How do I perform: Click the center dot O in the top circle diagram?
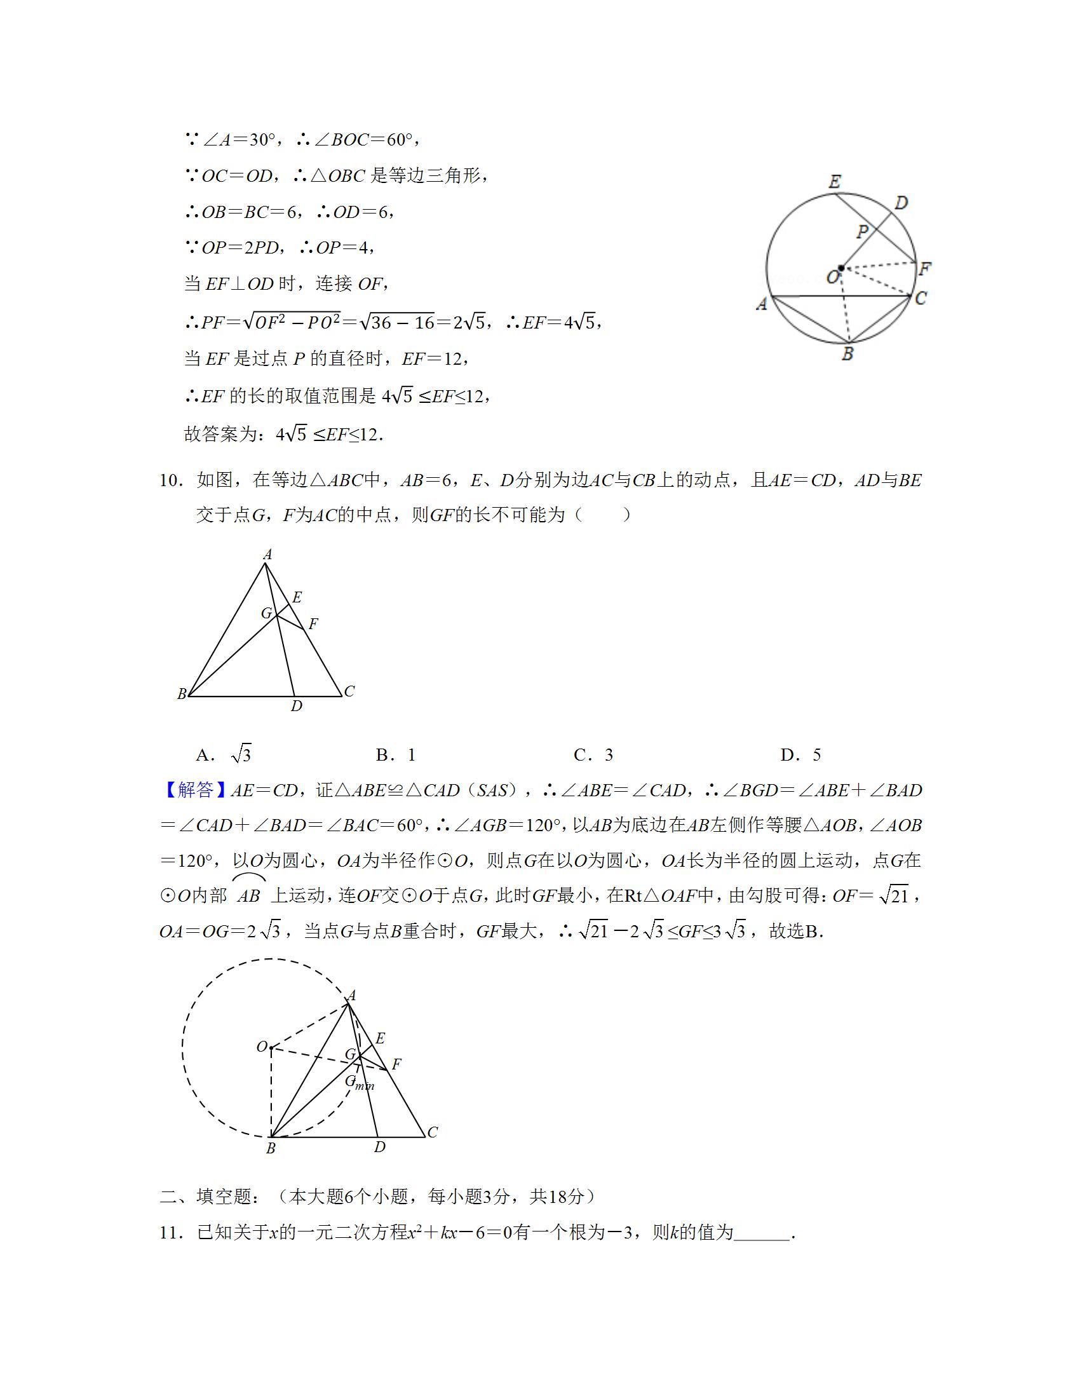point(841,268)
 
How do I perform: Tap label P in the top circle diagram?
point(863,231)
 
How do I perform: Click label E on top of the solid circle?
point(834,182)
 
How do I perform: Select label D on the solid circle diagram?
point(901,203)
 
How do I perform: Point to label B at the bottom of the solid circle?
point(847,353)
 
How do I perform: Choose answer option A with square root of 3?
point(224,756)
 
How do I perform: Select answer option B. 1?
point(396,756)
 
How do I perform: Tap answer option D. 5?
point(800,756)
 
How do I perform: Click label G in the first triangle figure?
point(267,613)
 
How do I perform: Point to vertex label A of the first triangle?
point(267,554)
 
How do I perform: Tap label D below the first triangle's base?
point(296,706)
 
